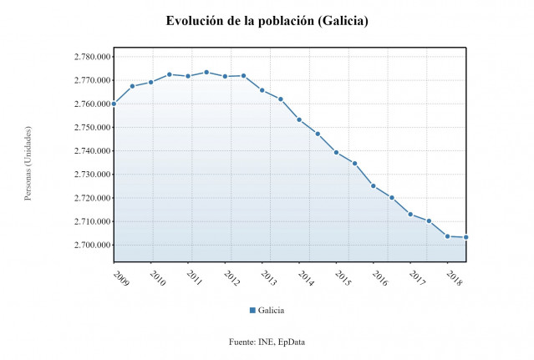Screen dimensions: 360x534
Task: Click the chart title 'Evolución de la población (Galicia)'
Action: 267,20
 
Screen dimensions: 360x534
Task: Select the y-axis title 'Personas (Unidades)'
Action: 28,164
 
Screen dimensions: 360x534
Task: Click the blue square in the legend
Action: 252,310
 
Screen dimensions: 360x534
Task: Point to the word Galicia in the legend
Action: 271,310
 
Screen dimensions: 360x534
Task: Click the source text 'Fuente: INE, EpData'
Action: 267,342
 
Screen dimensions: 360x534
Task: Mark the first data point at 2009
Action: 114,104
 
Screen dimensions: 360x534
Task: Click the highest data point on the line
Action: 206,72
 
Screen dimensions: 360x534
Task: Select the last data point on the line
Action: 465,237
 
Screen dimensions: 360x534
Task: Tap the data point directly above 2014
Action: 299,119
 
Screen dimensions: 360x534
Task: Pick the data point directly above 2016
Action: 373,185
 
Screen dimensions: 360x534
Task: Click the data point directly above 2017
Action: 410,214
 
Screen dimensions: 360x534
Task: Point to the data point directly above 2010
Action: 150,82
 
